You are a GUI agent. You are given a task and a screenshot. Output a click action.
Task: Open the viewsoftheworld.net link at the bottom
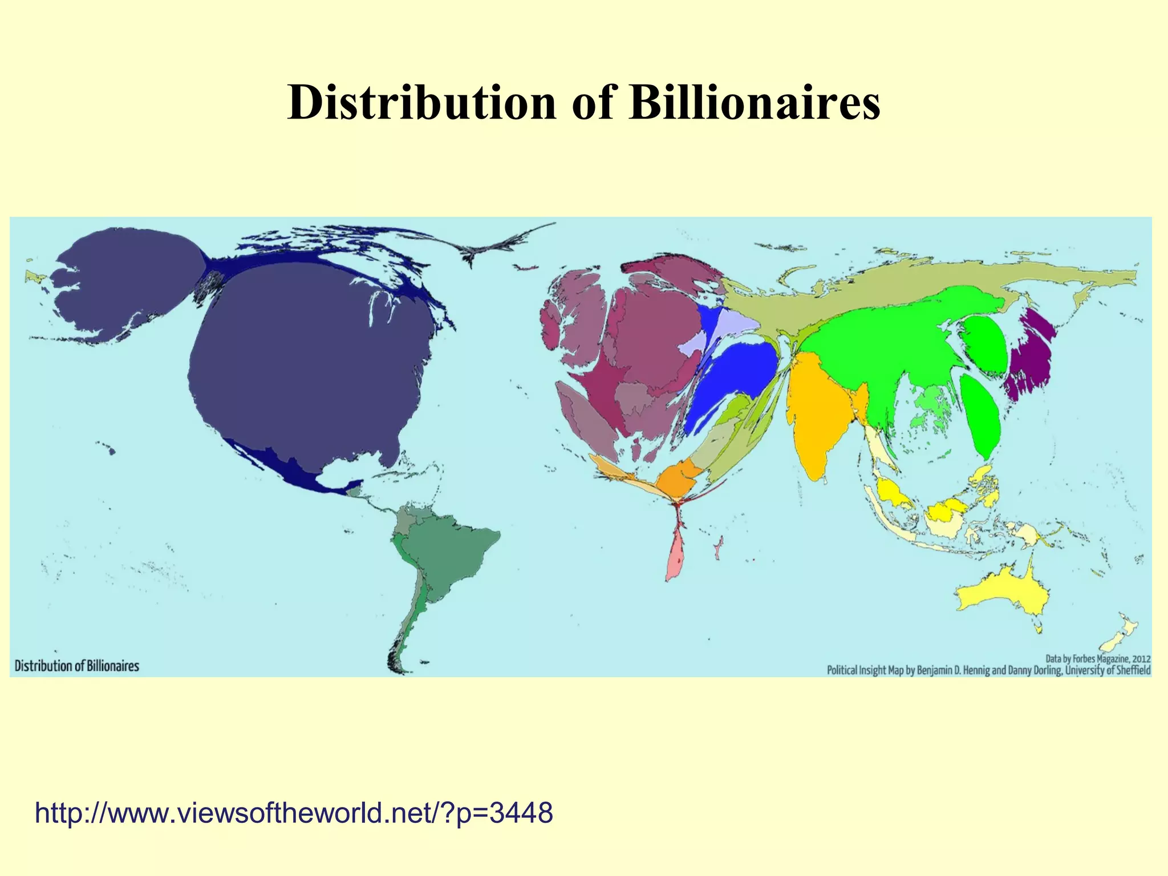(294, 812)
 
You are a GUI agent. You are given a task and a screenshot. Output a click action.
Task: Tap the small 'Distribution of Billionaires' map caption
(77, 666)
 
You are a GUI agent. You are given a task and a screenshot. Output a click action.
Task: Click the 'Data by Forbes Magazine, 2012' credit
(1098, 659)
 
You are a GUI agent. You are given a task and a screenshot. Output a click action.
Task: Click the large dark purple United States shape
(308, 365)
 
